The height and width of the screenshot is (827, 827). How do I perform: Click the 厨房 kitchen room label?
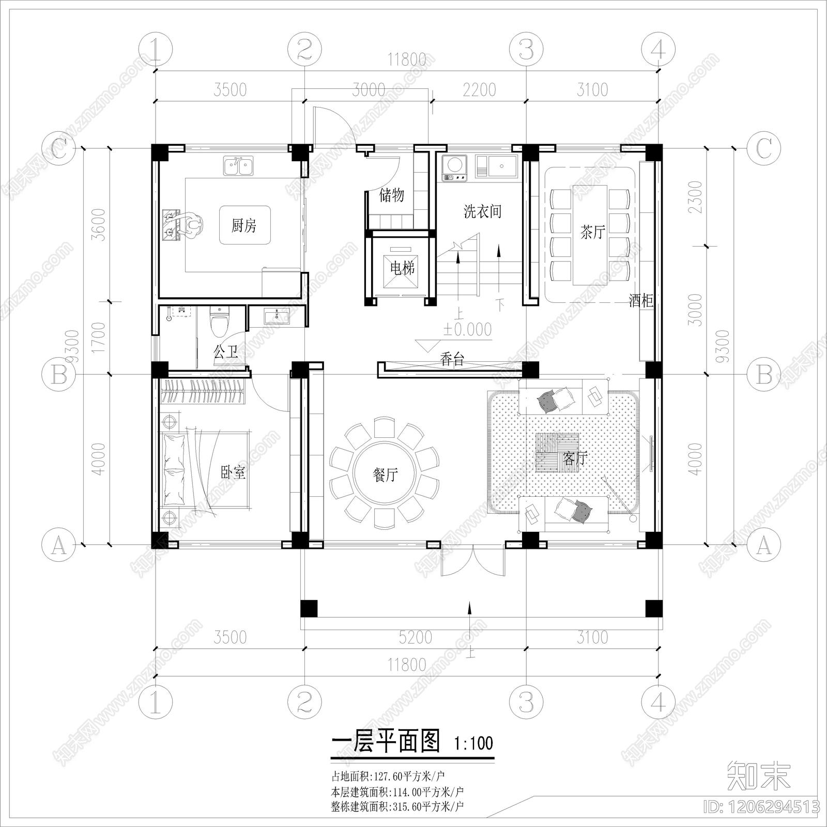click(244, 225)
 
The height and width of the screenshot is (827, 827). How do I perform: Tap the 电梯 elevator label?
click(402, 268)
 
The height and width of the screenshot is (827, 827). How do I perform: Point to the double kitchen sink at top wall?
click(238, 166)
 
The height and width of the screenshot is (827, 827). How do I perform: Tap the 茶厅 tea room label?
click(592, 232)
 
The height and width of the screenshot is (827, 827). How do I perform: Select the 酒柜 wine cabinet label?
click(641, 300)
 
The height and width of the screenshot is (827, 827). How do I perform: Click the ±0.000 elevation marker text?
click(468, 330)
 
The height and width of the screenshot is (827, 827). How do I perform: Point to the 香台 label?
click(452, 359)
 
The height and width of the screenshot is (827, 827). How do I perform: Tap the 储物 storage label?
click(391, 195)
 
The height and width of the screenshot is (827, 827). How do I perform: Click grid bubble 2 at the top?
click(304, 50)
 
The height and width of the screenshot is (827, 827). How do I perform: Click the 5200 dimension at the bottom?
click(415, 637)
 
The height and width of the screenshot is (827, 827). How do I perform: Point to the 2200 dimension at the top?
click(479, 90)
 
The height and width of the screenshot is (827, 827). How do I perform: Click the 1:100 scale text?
click(473, 744)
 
